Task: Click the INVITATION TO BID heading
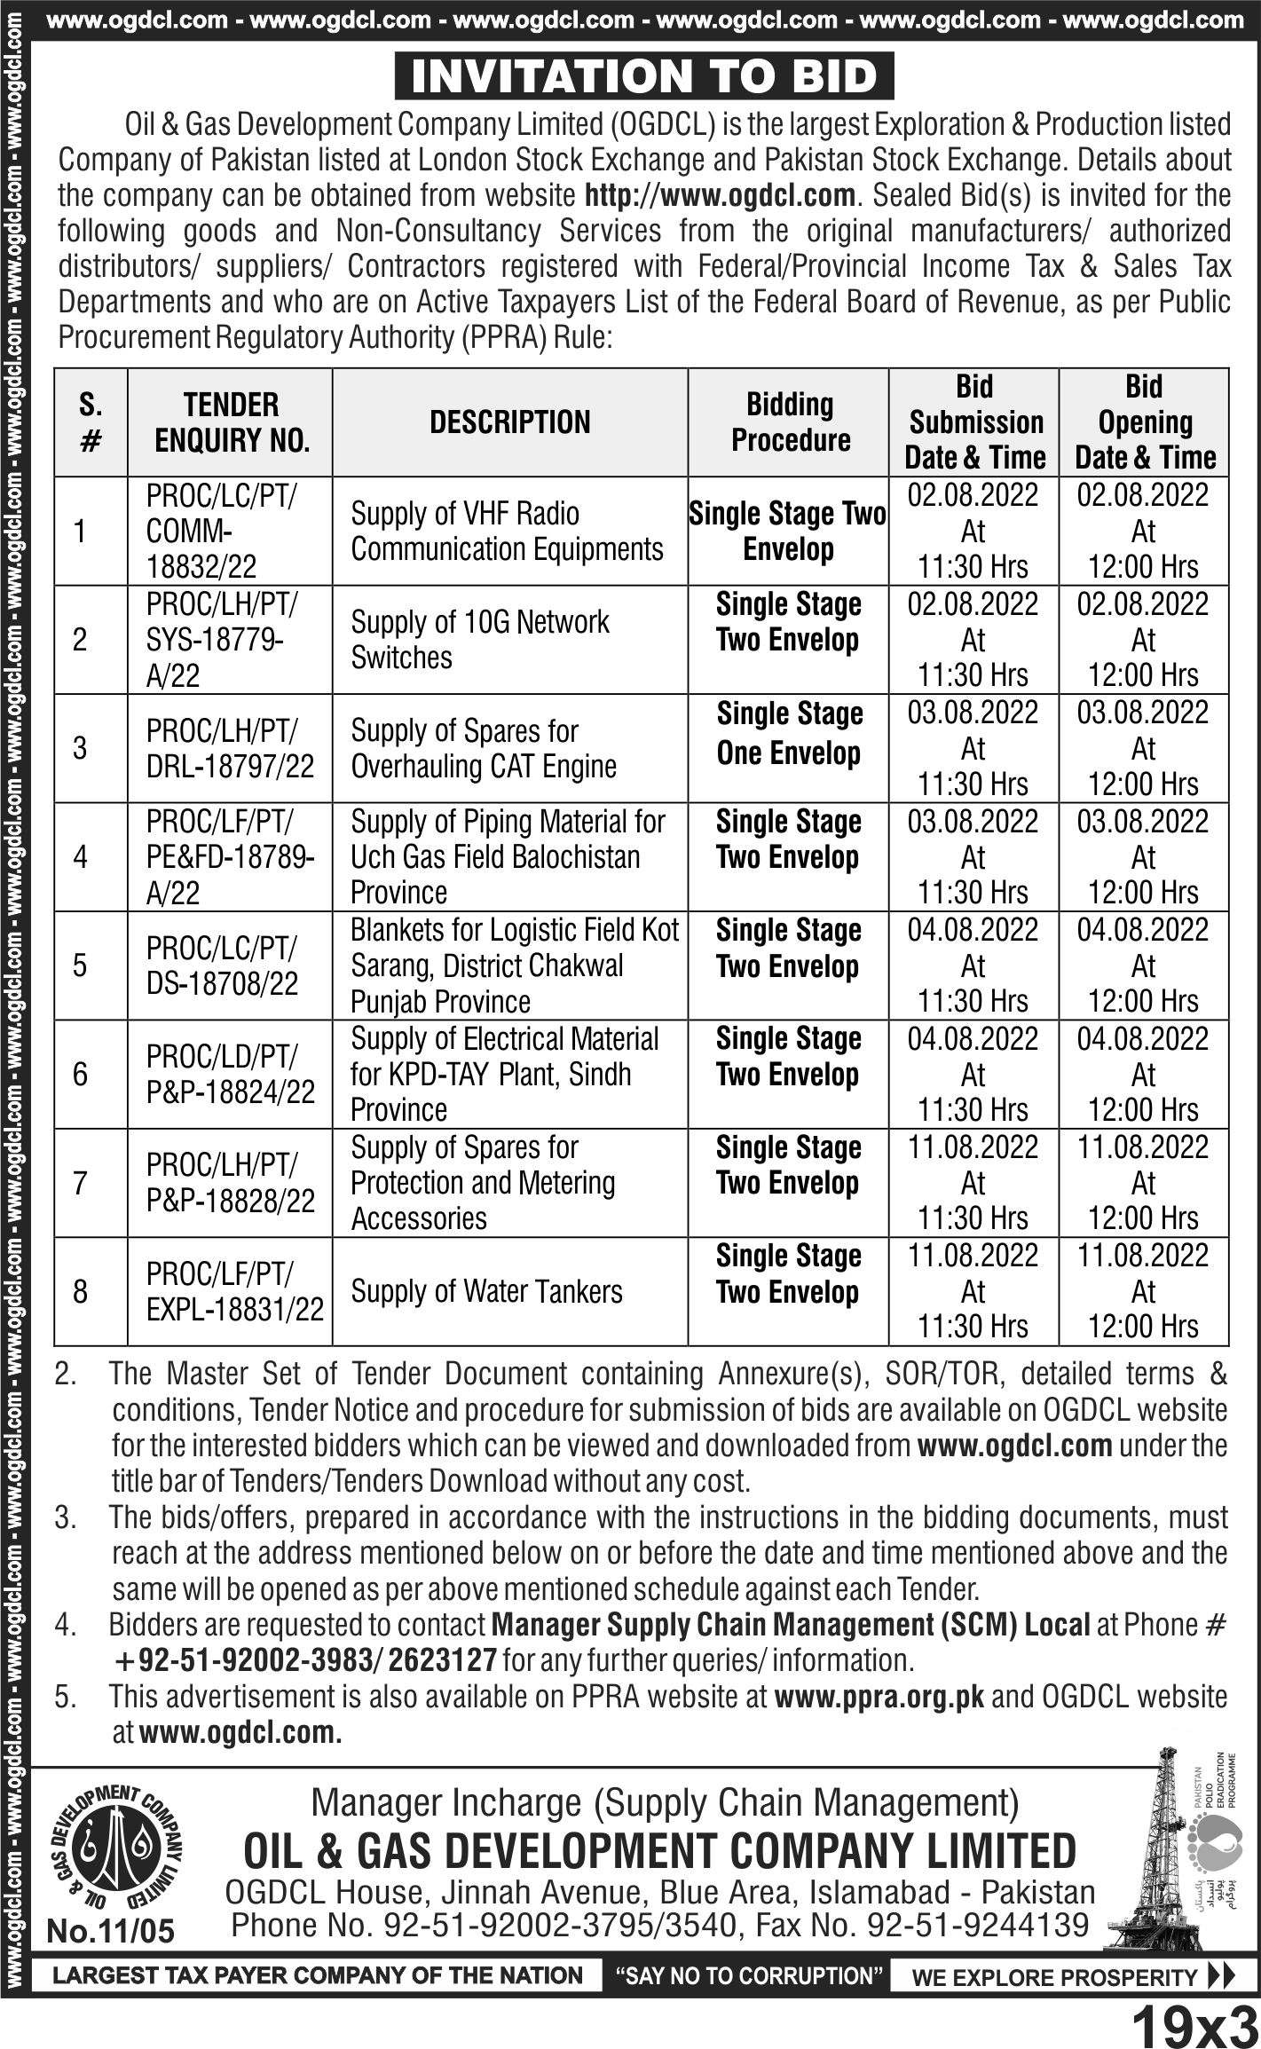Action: coord(644,77)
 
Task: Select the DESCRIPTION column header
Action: coord(509,422)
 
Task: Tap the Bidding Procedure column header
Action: coord(790,422)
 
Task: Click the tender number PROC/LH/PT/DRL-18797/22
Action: coord(230,749)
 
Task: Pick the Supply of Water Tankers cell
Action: coord(486,1291)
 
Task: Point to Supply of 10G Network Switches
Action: coord(480,640)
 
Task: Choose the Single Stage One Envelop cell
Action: coord(789,734)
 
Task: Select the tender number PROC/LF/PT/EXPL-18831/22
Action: coord(234,1291)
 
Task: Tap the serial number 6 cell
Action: coord(80,1075)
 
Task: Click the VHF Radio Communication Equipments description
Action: coord(507,532)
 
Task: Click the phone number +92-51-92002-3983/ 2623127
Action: coord(304,1660)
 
